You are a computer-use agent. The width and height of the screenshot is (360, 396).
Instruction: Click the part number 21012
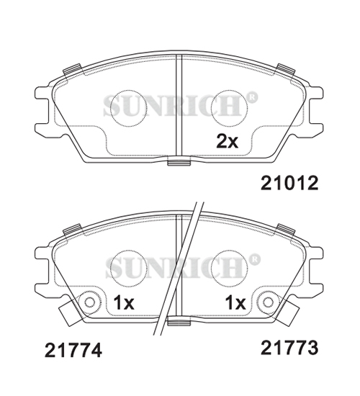click(289, 183)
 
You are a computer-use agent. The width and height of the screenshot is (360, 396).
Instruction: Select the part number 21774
click(73, 351)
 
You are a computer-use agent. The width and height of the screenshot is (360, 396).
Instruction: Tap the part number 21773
click(289, 348)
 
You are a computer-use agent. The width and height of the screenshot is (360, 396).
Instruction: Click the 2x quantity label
click(227, 141)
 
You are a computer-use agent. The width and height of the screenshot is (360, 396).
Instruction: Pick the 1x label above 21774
click(124, 303)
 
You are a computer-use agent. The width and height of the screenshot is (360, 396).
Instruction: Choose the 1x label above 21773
click(235, 303)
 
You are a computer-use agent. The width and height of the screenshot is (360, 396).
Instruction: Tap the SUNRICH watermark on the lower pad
click(179, 267)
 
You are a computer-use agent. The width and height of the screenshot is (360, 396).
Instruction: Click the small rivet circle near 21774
click(89, 302)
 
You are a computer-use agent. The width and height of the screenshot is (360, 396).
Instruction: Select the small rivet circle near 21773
click(268, 302)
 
